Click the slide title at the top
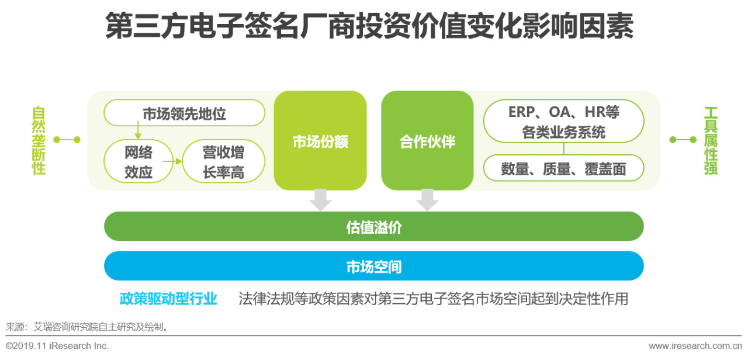point(369,27)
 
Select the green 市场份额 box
point(320,141)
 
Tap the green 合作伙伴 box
point(427,141)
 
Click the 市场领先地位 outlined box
point(184,113)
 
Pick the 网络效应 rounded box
point(138,162)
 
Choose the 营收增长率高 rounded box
point(223,162)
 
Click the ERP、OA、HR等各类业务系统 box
point(563,122)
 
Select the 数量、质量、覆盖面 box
point(563,169)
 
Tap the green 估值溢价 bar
point(374,227)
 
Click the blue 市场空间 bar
point(374,266)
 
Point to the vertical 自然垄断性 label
point(39,141)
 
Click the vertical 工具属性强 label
point(711,141)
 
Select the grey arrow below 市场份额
point(320,200)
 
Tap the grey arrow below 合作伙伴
point(427,200)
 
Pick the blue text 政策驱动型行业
point(168,299)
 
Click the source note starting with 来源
point(88,327)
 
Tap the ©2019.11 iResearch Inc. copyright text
point(57,346)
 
